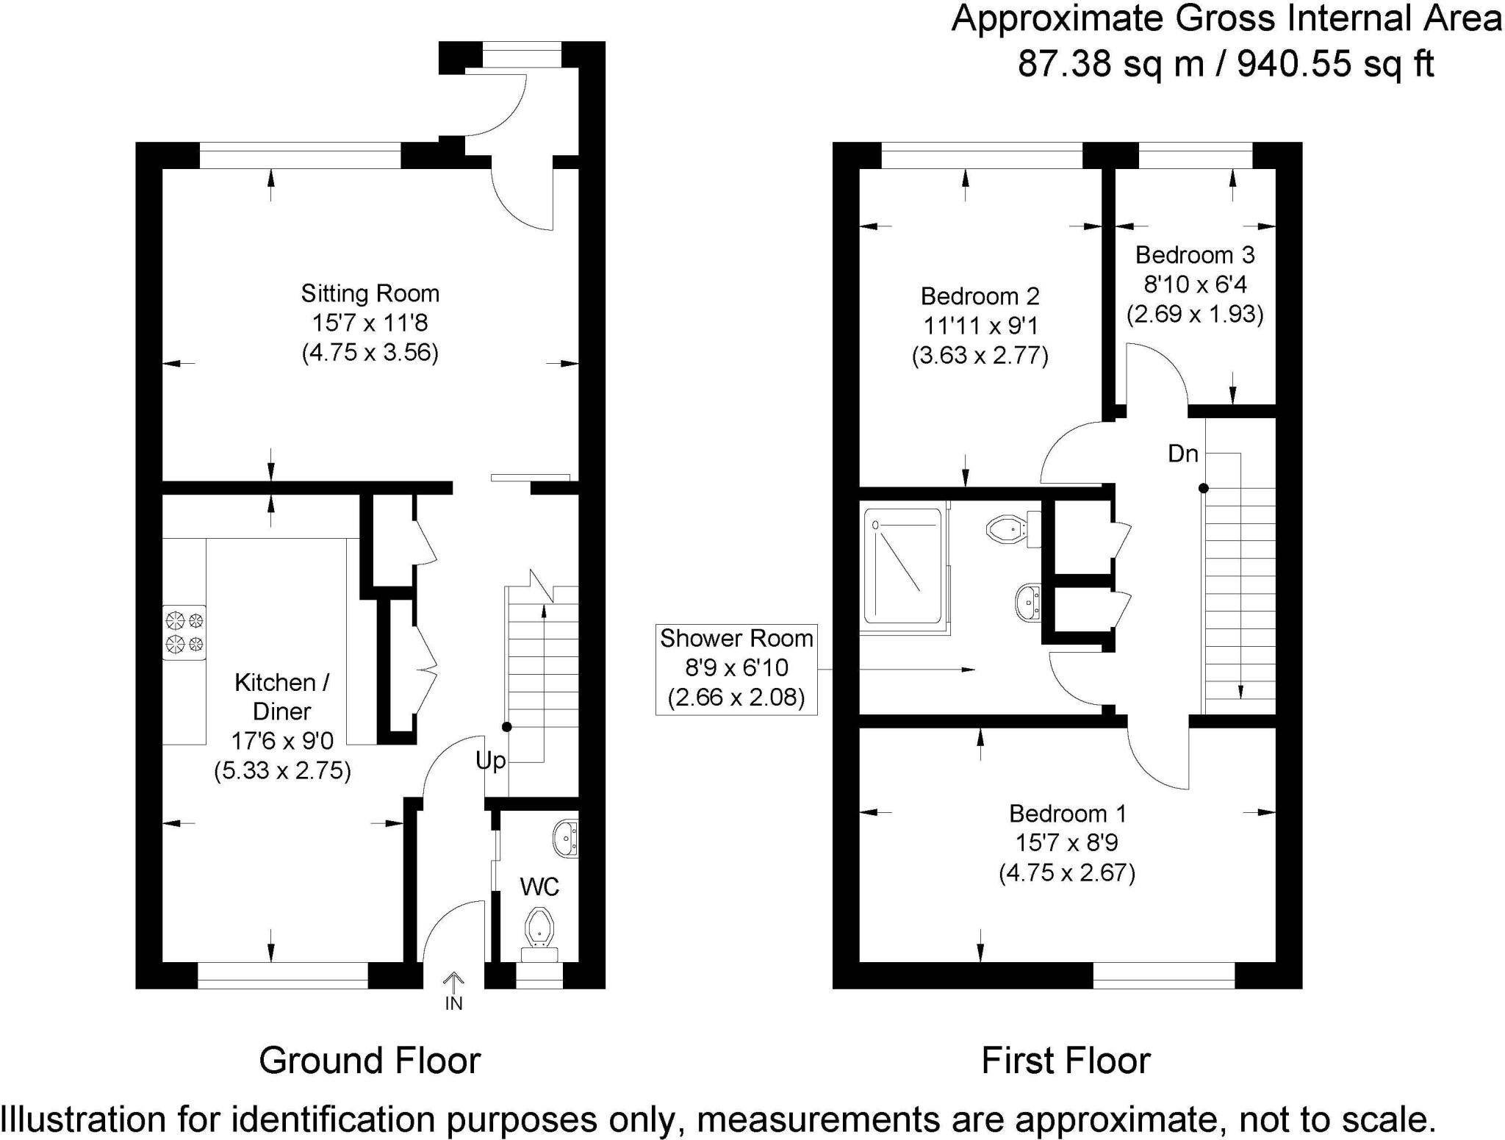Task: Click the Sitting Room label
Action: (370, 294)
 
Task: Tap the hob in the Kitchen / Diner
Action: (184, 632)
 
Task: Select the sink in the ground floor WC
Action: (567, 838)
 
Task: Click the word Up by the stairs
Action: (490, 760)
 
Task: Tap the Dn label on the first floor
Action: (1182, 454)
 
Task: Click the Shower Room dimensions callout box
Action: (736, 668)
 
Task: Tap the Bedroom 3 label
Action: (1195, 255)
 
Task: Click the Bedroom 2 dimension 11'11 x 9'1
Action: (980, 326)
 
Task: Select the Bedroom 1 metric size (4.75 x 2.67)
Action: (1067, 872)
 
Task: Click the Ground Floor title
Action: (370, 1061)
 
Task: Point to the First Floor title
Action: (1066, 1061)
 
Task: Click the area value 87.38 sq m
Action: (1110, 64)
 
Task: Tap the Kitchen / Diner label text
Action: (282, 697)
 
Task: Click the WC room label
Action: (539, 887)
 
